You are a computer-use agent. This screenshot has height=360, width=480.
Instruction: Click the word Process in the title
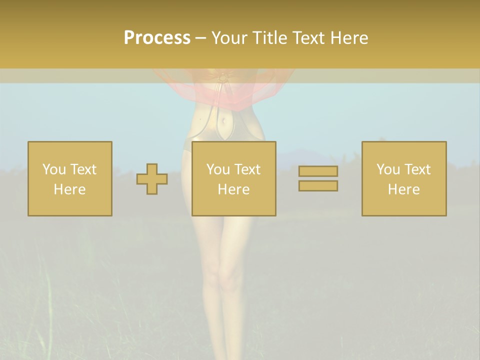[x=157, y=37]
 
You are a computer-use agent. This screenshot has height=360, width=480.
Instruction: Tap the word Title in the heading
[x=269, y=37]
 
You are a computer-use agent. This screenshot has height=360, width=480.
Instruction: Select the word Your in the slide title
[x=230, y=37]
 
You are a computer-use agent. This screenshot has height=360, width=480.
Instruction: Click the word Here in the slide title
[x=349, y=37]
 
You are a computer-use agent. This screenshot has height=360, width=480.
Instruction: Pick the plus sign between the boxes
[x=152, y=178]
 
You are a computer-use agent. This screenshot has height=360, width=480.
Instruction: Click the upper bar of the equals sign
[x=318, y=171]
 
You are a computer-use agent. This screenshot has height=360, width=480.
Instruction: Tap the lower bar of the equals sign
[x=318, y=185]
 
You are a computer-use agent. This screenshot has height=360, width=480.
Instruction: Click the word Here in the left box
[x=69, y=189]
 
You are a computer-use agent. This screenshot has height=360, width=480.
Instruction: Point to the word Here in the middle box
[x=233, y=189]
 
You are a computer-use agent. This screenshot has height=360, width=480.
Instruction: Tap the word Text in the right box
[x=417, y=169]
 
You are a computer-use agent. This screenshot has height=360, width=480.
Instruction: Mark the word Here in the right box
[x=403, y=189]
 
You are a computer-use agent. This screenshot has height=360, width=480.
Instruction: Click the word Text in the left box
[x=83, y=169]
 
